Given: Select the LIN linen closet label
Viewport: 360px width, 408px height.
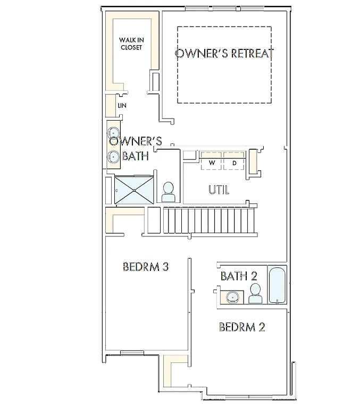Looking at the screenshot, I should tap(122, 106).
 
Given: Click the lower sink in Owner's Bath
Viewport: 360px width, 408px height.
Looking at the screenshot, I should tap(113, 157).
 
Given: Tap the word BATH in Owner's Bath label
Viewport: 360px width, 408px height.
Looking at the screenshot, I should tap(136, 156).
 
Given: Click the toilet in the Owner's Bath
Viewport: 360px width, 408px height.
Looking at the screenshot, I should tap(169, 192).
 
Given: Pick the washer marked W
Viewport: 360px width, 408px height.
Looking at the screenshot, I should tap(212, 162).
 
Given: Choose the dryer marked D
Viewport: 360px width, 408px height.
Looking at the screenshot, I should tap(235, 162).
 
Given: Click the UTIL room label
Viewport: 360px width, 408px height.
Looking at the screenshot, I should tap(219, 190).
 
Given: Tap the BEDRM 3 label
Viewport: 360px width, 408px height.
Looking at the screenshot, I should tap(145, 267).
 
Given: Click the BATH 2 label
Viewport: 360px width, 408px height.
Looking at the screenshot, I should tap(239, 276).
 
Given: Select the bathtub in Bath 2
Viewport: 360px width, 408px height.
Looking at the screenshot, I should tap(277, 285).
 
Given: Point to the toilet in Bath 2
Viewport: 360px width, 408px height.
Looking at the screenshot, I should tap(255, 293).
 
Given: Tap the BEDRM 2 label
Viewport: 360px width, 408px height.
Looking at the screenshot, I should tap(242, 327).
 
